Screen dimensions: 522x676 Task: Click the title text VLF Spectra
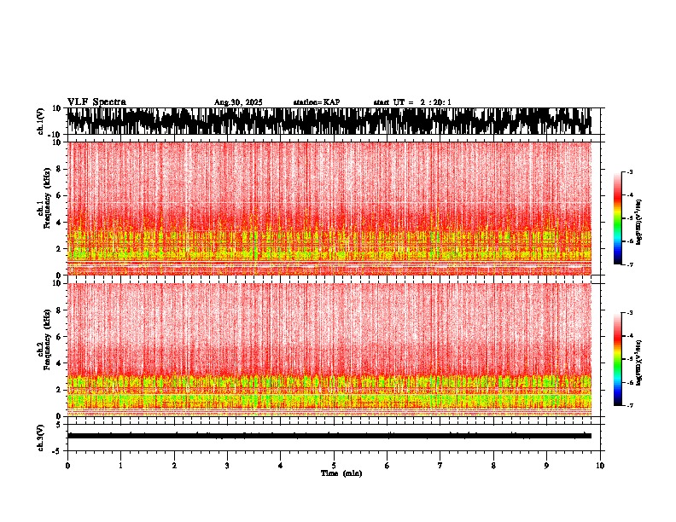[x=96, y=102]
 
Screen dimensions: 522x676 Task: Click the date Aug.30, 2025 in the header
[x=238, y=102]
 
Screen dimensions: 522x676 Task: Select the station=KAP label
[x=316, y=102]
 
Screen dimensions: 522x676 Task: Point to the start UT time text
[x=412, y=102]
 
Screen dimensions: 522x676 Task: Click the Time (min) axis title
[x=341, y=473]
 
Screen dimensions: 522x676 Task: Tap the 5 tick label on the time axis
[x=334, y=465]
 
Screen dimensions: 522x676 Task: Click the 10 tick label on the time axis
[x=600, y=465]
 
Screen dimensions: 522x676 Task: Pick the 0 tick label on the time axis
[x=67, y=465]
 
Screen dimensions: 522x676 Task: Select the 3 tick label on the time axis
[x=227, y=465]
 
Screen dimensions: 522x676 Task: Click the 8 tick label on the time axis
[x=493, y=465]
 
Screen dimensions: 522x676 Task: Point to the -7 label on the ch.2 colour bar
[x=630, y=406]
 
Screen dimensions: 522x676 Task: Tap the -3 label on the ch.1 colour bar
[x=630, y=172]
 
